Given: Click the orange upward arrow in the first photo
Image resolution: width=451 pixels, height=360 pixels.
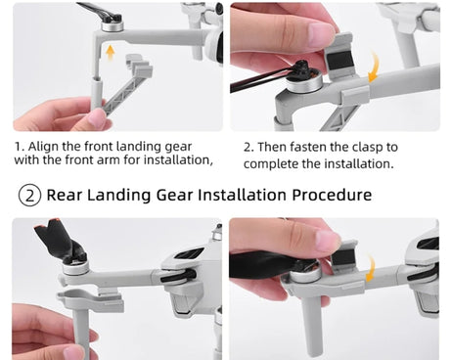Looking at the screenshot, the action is [x=111, y=53].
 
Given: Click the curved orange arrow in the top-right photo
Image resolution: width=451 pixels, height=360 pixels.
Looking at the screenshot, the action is [x=375, y=68].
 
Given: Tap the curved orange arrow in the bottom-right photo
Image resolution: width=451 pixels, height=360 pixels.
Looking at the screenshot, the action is [x=371, y=268].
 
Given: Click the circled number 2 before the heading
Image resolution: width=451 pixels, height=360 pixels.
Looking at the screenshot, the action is [x=29, y=196].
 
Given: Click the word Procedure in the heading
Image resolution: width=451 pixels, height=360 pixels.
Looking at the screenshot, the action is [x=332, y=195].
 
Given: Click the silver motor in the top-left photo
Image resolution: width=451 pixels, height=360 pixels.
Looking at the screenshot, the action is [x=113, y=25].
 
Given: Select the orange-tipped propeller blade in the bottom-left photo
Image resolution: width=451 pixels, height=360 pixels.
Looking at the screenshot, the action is [x=56, y=238].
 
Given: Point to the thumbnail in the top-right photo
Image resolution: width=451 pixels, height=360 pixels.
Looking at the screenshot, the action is [x=323, y=32].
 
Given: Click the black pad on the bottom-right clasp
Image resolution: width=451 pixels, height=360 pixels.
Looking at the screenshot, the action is [x=345, y=258].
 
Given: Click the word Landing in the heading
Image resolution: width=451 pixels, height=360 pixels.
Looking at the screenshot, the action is [x=119, y=196].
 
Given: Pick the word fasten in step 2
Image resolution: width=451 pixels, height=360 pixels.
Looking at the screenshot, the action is [x=308, y=147].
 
